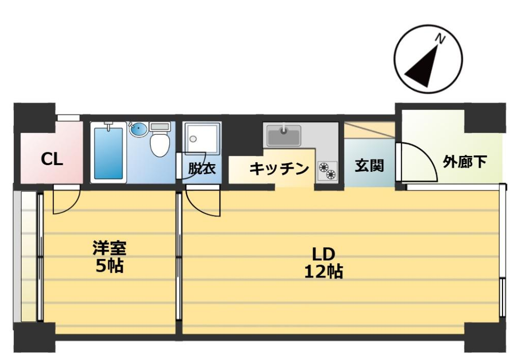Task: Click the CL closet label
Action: [x=52, y=159]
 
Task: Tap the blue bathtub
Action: [x=108, y=153]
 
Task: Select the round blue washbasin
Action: [x=138, y=129]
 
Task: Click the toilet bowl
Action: [x=160, y=145]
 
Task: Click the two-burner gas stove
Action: [x=327, y=171]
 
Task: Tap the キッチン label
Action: [x=279, y=169]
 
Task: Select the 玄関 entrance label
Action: [x=369, y=166]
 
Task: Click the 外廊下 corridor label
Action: [x=465, y=162]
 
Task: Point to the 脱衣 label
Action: [x=202, y=168]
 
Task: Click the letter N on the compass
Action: [x=440, y=39]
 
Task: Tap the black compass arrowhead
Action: [x=423, y=69]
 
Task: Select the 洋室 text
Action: [x=109, y=248]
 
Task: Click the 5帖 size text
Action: [x=110, y=266]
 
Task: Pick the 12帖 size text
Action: [x=324, y=272]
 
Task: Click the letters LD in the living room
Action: [x=324, y=254]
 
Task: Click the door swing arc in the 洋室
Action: [x=73, y=207]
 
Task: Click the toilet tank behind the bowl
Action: [x=160, y=127]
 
